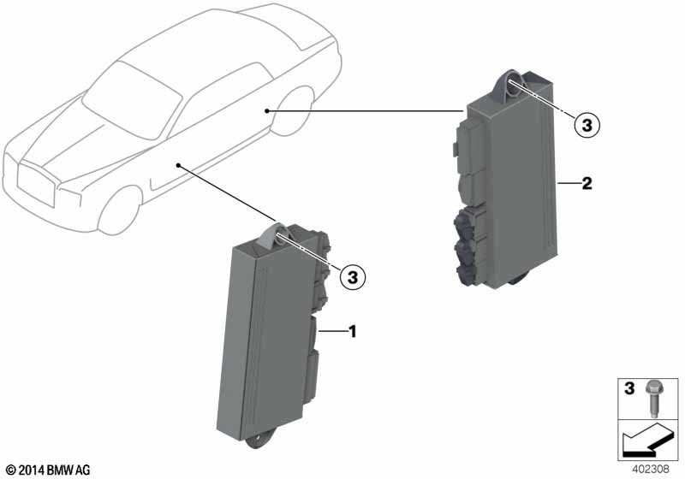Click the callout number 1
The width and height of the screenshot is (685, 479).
pyautogui.click(x=352, y=332)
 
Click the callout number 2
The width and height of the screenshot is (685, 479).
pyautogui.click(x=587, y=183)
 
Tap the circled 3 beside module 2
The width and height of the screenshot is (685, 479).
pyautogui.click(x=587, y=125)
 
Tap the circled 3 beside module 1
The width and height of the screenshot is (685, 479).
pyautogui.click(x=352, y=276)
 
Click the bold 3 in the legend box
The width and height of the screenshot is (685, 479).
pyautogui.click(x=629, y=388)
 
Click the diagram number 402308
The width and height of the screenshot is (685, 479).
pyautogui.click(x=651, y=470)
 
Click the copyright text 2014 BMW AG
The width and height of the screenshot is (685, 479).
pyautogui.click(x=48, y=470)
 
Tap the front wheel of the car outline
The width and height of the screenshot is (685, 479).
pyautogui.click(x=119, y=210)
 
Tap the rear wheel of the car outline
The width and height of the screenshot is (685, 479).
pyautogui.click(x=292, y=111)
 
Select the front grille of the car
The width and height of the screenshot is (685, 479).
pyautogui.click(x=36, y=184)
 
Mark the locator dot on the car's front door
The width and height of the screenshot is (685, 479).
pyautogui.click(x=178, y=165)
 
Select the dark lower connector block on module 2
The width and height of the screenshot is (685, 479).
pyautogui.click(x=465, y=246)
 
